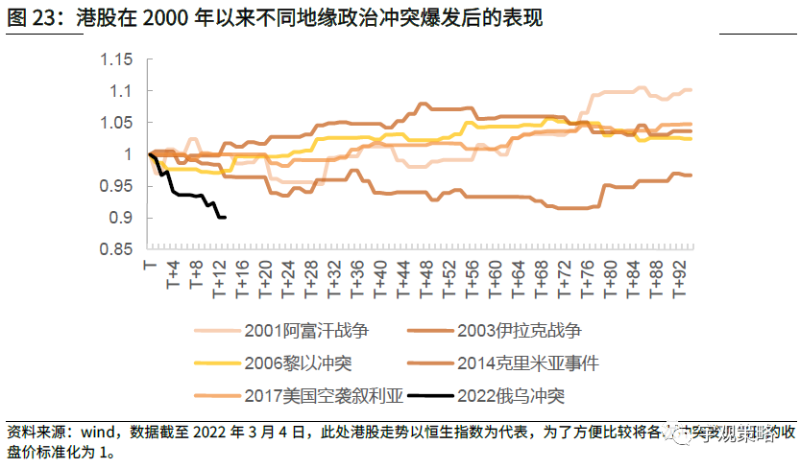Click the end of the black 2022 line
pos(224,218)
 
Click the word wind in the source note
pos(94,433)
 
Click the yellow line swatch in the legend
pos(218,363)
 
